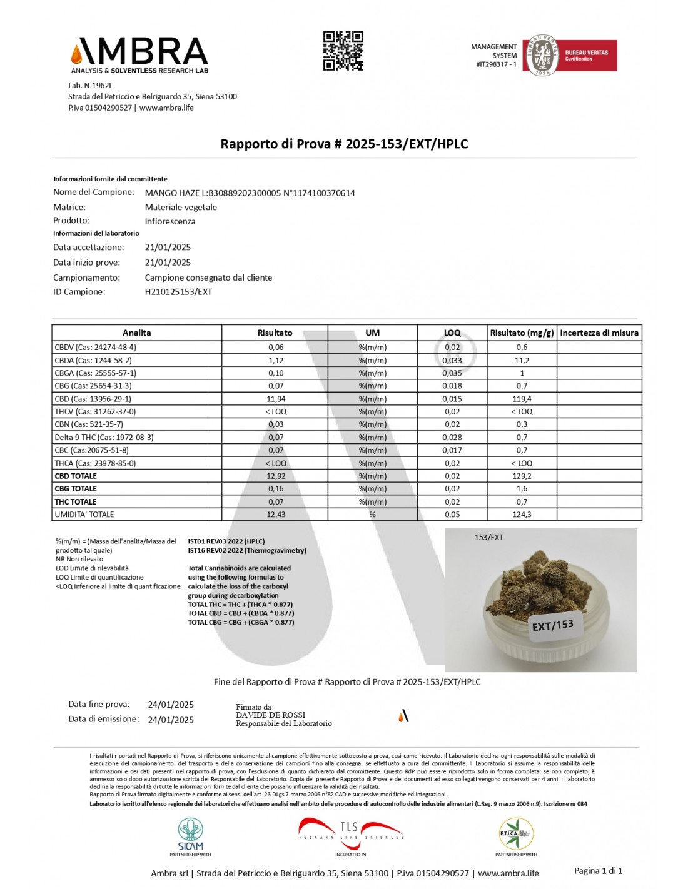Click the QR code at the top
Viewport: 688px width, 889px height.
pos(343,51)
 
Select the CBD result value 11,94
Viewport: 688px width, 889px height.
pos(275,399)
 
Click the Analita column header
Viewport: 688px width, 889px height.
pos(136,333)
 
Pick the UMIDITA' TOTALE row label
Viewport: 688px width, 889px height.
pos(84,515)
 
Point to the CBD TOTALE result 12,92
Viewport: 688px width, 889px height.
pos(275,476)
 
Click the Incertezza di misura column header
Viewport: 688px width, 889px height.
pos(599,333)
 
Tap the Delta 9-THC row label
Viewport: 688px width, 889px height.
pos(104,438)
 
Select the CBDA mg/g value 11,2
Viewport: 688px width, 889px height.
pos(522,361)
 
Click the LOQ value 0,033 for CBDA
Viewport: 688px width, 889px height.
pos(452,361)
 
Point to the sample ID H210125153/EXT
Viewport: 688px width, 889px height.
pos(178,292)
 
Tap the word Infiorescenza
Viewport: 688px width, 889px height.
pos(170,221)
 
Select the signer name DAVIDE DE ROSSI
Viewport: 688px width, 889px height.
pos(270,715)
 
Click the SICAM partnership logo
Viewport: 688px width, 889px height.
pos(190,836)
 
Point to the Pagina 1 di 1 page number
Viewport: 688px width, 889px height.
pos(598,871)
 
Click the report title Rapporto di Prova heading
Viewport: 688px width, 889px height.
pos(344,144)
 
